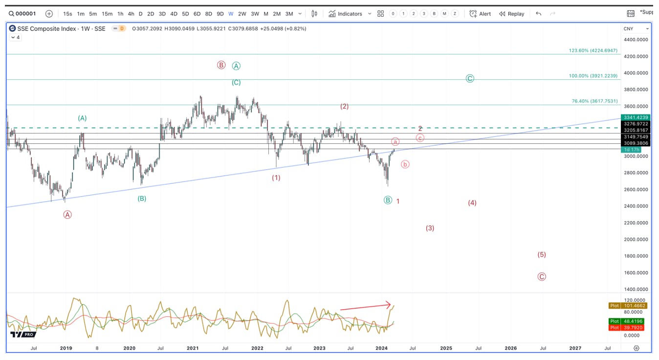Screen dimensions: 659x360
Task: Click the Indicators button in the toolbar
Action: (345, 14)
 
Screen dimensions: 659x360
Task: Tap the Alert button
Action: (480, 14)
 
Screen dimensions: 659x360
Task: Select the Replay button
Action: (512, 14)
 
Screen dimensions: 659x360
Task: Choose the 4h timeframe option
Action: (131, 14)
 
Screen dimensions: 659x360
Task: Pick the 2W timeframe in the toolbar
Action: (242, 14)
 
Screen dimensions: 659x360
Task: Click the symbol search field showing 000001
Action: (22, 14)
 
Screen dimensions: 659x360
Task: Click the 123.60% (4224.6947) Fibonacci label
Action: (593, 51)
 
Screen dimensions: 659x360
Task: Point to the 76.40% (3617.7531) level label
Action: (594, 101)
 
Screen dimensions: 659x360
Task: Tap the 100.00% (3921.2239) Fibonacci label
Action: (593, 76)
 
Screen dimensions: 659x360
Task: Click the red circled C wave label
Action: (542, 277)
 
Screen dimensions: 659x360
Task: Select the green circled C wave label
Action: (470, 79)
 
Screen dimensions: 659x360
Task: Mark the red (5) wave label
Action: (542, 255)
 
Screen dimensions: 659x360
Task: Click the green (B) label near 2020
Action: (142, 199)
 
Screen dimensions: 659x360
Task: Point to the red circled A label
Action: (67, 215)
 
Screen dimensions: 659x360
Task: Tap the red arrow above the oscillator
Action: (365, 307)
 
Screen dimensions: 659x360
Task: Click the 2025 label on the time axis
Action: (446, 348)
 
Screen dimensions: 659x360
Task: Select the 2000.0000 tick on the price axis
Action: (636, 240)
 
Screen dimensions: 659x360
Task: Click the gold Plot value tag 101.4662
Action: (627, 306)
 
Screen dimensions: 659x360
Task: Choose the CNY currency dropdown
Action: (636, 29)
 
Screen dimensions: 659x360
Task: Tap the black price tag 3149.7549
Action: (636, 137)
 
